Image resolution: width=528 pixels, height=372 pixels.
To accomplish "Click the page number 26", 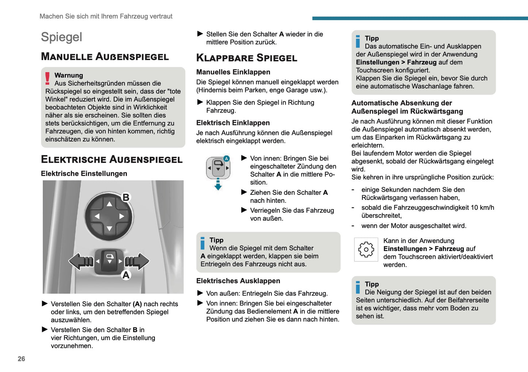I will pos(21,359).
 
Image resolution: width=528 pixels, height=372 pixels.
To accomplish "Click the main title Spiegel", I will pos(61,37).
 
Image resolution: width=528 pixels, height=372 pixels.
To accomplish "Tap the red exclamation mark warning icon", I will pos(48,79).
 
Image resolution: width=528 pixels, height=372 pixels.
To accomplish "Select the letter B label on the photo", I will pos(126,197).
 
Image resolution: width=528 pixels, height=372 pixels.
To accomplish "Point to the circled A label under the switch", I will pos(126,275).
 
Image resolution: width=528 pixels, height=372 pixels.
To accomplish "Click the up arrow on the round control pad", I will pos(109,204).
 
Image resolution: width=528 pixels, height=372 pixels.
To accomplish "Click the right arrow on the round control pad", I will pos(122,216).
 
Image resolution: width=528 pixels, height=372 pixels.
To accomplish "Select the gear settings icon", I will pos(366,250).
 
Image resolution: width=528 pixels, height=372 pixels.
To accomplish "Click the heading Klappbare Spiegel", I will pos(247,58).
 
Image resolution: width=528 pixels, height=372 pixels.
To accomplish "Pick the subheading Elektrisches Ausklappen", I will pos(238,281).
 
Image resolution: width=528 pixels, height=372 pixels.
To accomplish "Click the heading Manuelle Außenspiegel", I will pos(105,57).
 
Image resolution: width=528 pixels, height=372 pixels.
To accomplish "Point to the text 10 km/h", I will pos(482,208).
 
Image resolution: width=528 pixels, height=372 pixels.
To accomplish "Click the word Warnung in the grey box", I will pos(69,75).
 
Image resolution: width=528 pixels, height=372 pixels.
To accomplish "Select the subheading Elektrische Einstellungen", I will pos(84,174).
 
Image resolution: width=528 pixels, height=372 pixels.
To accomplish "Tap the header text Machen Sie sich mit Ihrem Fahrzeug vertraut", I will pos(106,16).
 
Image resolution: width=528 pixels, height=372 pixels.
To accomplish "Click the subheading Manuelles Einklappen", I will pos(233,72).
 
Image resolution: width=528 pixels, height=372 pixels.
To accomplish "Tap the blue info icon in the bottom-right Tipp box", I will pos(358,287).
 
